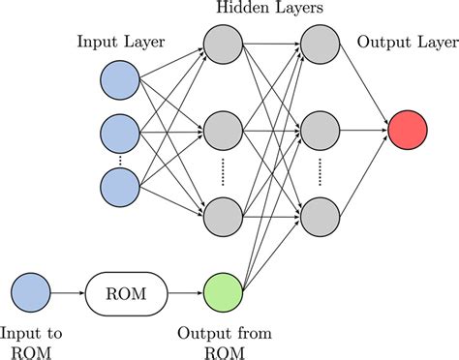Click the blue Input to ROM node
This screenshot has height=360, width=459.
(x=29, y=290)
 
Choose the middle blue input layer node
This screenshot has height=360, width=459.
(x=121, y=129)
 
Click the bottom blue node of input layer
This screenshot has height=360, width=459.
(x=121, y=185)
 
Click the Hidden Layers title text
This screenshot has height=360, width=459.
(x=270, y=10)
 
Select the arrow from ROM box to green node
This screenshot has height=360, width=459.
(x=184, y=290)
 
